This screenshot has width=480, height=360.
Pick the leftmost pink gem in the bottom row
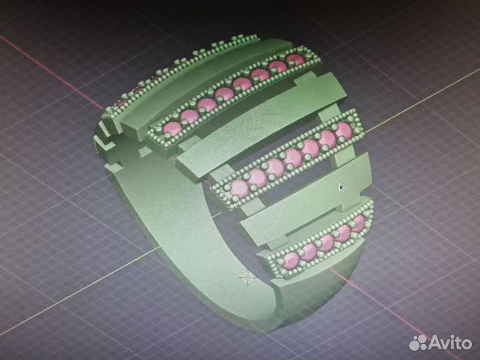point(291,259)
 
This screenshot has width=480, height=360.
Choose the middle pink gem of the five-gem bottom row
point(327,242)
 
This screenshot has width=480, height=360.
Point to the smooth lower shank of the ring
point(200,273)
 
